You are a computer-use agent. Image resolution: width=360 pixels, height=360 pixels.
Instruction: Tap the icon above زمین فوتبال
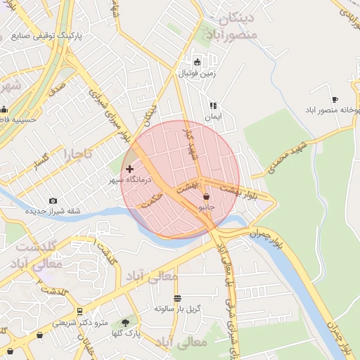coord(196,61)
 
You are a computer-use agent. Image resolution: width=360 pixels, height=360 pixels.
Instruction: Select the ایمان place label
coord(213,117)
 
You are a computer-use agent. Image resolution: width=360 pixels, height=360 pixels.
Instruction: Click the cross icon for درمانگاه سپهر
coord(129,169)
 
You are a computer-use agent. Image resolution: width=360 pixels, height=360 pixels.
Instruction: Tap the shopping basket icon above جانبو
coord(206,197)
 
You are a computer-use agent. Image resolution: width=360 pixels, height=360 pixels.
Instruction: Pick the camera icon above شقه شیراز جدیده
coord(53,201)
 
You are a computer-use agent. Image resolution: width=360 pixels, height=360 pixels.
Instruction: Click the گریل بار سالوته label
coord(177,309)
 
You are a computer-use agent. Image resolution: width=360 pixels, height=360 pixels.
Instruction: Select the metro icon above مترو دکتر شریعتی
coord(79,311)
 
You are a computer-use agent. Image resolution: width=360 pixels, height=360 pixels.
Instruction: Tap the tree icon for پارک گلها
coord(125,323)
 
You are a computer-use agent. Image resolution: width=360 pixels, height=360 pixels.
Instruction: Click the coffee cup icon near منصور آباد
coord(335,100)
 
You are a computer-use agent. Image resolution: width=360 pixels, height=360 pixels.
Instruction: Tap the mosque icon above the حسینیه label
coord(4,109)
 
